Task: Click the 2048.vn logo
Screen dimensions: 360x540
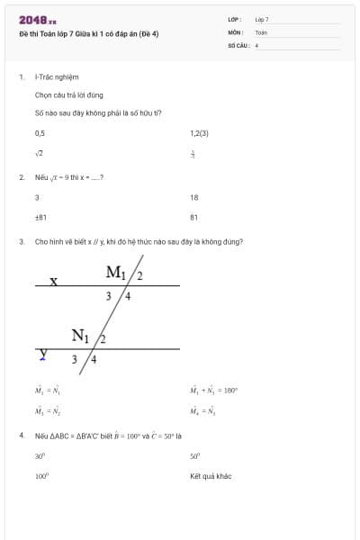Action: [x=37, y=20]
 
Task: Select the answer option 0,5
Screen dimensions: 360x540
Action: [x=40, y=133]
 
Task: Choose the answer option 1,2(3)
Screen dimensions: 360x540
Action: [x=199, y=133]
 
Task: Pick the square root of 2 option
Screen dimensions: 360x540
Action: [x=39, y=153]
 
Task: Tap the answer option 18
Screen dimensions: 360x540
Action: [x=193, y=197]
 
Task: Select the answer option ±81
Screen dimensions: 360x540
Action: [x=40, y=217]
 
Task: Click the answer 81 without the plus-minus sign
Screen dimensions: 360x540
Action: [x=193, y=217]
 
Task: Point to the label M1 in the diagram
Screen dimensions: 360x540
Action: [x=117, y=272]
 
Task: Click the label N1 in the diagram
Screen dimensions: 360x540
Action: [x=80, y=337]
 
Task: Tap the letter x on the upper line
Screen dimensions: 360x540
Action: [x=53, y=281]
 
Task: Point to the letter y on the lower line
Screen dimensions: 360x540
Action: [x=42, y=355]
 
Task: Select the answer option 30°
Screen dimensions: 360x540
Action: [x=40, y=456]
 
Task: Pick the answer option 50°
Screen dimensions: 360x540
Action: [x=194, y=456]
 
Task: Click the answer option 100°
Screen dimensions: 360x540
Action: [x=40, y=476]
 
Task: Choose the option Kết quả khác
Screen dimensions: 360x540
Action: [x=210, y=476]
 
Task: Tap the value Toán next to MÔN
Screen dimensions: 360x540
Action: [x=261, y=31]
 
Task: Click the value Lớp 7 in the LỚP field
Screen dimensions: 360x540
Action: [x=262, y=19]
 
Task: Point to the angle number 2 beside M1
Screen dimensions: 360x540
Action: [x=139, y=274]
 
